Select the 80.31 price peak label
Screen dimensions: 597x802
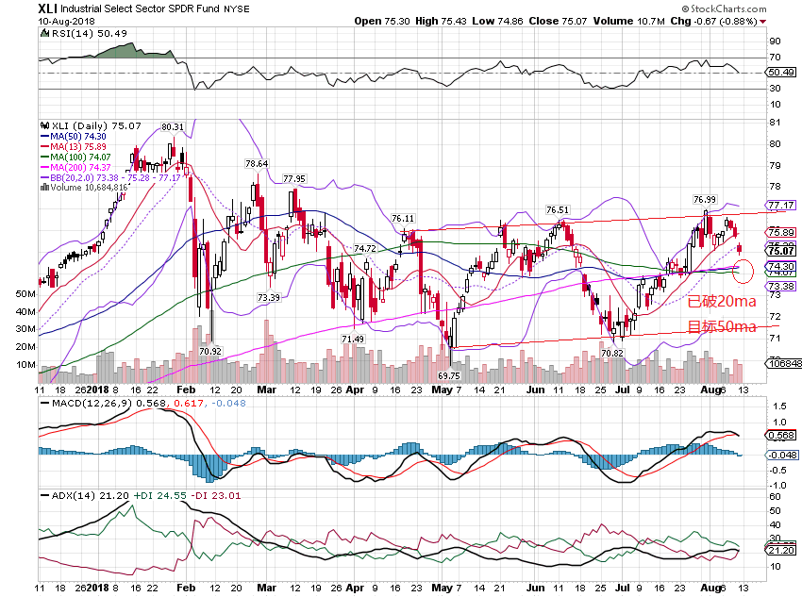171,126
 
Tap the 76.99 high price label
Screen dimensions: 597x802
704,199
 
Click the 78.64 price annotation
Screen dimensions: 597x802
257,163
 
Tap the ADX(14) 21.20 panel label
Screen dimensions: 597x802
75,494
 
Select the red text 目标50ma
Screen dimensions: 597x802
721,327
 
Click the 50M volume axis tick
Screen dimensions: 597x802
25,294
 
